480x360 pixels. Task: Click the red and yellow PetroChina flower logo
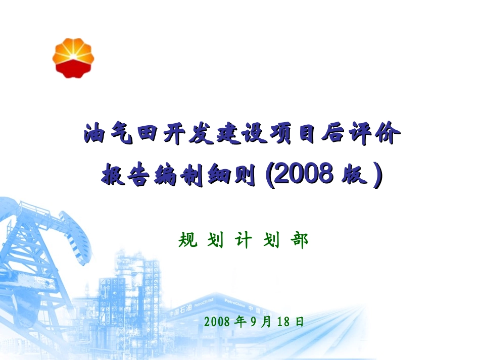(73, 58)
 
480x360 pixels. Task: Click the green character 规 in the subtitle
(188, 241)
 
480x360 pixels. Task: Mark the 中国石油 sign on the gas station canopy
(181, 308)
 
